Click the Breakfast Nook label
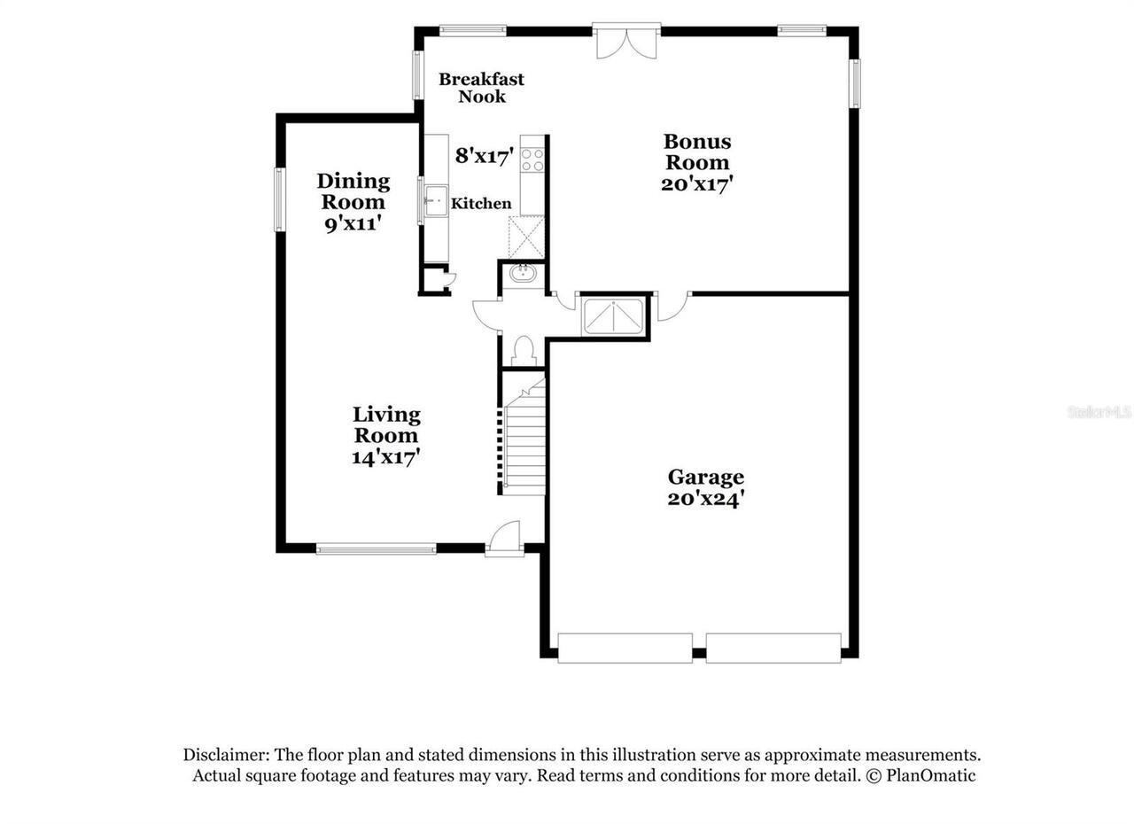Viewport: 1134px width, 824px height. point(481,87)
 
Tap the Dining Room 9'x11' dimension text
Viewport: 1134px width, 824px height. point(353,224)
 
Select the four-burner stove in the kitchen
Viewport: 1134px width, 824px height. point(532,159)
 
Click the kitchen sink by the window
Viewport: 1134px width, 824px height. point(436,201)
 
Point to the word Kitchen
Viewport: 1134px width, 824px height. point(481,204)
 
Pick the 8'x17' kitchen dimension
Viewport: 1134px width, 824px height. point(485,157)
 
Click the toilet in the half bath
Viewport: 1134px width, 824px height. point(522,350)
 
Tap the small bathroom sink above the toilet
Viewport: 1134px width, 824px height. point(523,273)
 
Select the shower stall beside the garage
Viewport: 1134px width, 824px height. point(613,316)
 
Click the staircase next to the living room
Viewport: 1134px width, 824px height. point(524,439)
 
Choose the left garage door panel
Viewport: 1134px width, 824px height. point(625,648)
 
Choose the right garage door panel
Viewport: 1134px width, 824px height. point(773,648)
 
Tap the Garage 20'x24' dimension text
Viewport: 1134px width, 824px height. point(705,499)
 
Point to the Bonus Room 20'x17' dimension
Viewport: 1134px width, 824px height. point(697,184)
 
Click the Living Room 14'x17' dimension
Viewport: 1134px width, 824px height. point(386,457)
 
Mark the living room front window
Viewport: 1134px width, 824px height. point(377,549)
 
